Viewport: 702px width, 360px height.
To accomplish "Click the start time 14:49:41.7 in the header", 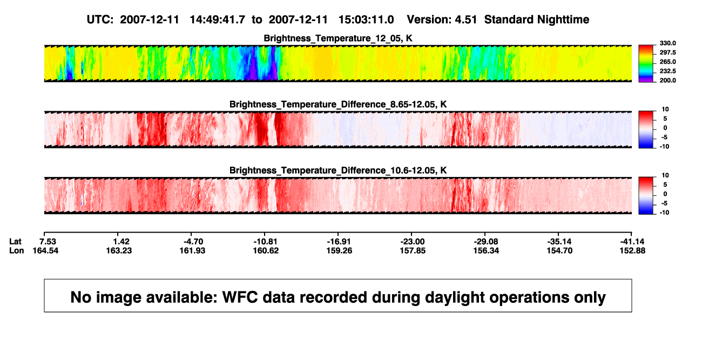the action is pos(217,20).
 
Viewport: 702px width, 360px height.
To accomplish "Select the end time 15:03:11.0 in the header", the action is pos(366,20).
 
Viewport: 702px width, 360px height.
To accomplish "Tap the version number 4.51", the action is pos(466,20).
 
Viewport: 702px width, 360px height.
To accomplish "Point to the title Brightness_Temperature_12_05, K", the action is pos(338,38).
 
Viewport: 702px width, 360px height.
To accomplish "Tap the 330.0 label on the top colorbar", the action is pos(667,43).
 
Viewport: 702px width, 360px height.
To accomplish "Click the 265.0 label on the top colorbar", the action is pos(667,62).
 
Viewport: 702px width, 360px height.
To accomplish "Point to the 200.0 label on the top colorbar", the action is pos(667,80).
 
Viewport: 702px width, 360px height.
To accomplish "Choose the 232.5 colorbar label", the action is pos(667,71).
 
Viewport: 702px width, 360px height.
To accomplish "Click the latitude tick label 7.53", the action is pos(48,242).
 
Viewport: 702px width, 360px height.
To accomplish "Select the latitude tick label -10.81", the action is pos(266,242).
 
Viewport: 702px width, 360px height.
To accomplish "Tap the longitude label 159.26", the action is pos(339,251).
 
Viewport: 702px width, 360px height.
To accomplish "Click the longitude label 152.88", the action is pos(632,251).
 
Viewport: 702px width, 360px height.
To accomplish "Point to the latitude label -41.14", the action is pos(632,242).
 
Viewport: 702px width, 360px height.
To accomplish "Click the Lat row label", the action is pos(15,242).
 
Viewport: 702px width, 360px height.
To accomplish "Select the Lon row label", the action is pos(16,251).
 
